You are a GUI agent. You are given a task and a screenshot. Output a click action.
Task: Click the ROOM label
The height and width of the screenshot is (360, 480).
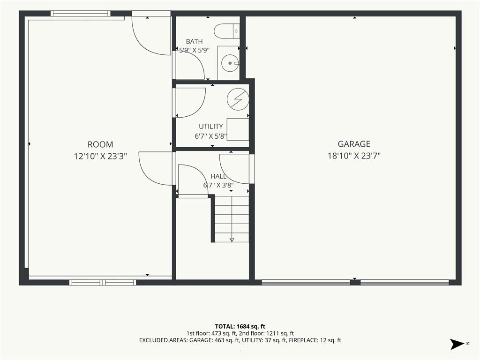click(100, 144)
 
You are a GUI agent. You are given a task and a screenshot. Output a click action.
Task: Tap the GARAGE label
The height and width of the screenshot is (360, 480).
click(354, 144)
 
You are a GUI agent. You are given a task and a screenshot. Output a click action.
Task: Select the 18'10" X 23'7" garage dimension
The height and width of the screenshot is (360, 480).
click(354, 156)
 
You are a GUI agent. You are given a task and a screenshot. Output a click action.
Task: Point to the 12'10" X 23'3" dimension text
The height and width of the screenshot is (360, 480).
click(100, 157)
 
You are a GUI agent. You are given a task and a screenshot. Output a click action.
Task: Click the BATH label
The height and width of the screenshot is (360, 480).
click(194, 41)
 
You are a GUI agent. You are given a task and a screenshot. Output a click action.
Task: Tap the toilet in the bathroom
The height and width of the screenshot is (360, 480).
click(226, 31)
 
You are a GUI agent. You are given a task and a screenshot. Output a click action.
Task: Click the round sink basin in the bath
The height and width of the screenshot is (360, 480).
click(230, 63)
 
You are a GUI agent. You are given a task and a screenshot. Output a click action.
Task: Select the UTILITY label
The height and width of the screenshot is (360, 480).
click(210, 127)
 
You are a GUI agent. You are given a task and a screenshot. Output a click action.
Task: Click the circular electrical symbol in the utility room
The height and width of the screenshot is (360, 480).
click(238, 99)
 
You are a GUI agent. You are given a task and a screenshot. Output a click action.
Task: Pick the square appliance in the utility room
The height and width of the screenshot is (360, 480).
click(238, 129)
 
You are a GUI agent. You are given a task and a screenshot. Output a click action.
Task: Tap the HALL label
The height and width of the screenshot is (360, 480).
click(218, 176)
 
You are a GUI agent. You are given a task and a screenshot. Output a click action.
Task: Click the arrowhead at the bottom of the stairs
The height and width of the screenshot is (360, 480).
click(232, 240)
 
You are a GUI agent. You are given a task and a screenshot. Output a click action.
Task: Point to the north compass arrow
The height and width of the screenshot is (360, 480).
click(457, 344)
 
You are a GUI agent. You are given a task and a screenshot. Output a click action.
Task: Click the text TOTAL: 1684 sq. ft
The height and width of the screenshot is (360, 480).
click(240, 326)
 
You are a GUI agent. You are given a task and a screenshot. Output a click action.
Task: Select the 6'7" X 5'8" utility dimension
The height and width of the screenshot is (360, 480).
click(210, 136)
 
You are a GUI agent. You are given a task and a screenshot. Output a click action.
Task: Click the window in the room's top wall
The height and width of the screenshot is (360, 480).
click(80, 13)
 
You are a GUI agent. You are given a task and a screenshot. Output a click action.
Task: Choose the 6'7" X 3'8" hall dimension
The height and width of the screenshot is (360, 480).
click(218, 185)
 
